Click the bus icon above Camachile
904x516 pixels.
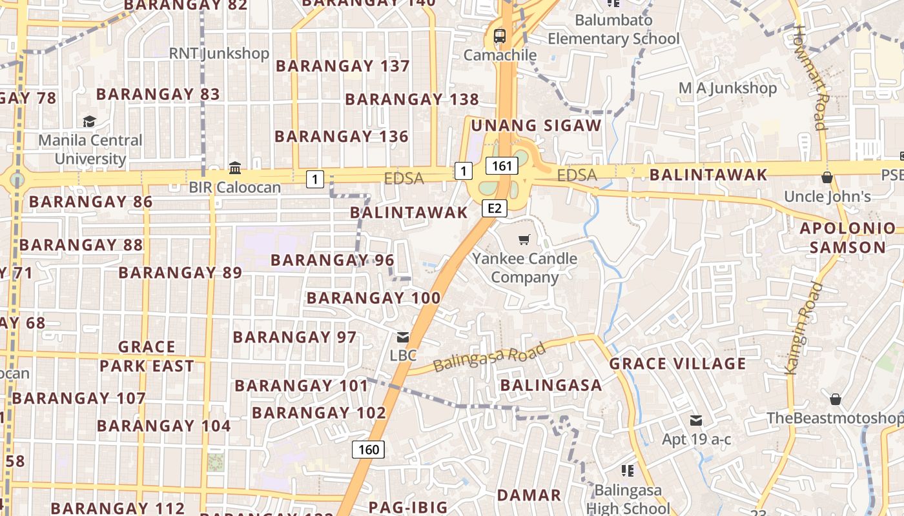[x=500, y=36]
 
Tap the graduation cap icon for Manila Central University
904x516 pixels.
[x=89, y=121]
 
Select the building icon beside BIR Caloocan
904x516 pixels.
[x=235, y=168]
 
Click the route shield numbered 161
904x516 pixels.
[x=502, y=166]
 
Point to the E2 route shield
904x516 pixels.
[x=495, y=208]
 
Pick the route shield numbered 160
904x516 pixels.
[x=368, y=449]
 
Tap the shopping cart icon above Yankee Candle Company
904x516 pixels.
[x=524, y=240]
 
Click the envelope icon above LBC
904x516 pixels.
[x=403, y=337]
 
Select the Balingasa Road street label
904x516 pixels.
[x=489, y=357]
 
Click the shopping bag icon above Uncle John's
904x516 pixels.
[x=827, y=177]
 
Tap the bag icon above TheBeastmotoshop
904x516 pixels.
[x=836, y=399]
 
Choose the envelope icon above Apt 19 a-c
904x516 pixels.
[x=696, y=421]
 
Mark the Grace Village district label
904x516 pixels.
[x=677, y=364]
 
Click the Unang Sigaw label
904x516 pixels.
[x=536, y=125]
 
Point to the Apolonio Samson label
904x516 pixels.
[x=848, y=237]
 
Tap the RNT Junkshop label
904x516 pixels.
[x=219, y=53]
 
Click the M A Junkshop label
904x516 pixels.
[x=727, y=88]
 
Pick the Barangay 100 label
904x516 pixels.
[x=373, y=298]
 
